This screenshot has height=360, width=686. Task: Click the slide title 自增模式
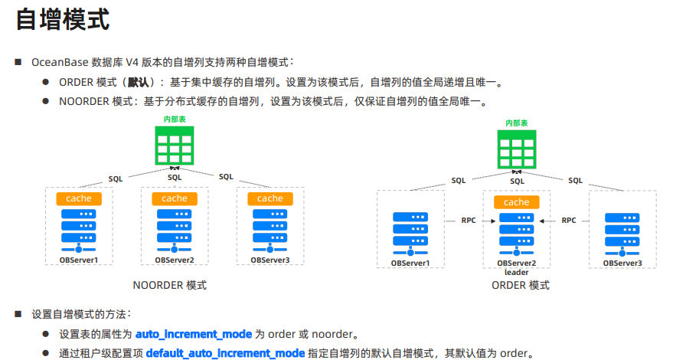pos(63,19)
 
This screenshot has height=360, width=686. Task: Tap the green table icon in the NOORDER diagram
pos(174,146)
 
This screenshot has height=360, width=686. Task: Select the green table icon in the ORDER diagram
pos(517,149)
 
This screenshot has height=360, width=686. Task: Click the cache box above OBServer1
pos(79,198)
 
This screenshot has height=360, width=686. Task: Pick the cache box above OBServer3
pos(269,198)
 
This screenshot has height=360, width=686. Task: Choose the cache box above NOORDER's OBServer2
pos(174,198)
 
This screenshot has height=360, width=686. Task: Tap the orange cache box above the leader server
pos(517,202)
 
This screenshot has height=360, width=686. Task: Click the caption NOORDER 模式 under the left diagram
pos(169,285)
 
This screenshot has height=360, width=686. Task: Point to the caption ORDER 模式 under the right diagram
pos(520,285)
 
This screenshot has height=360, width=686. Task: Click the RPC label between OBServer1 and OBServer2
pos(468,220)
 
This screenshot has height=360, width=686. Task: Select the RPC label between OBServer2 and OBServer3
pos(569,220)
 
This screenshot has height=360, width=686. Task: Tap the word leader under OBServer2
pos(517,272)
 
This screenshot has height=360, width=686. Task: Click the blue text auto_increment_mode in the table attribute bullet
pos(193,335)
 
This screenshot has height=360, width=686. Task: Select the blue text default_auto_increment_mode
pos(225,353)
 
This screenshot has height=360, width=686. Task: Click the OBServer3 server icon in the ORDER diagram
pos(622,232)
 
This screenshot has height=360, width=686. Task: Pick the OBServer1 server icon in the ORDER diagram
pos(410,232)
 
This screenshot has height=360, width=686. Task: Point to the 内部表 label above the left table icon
pos(174,119)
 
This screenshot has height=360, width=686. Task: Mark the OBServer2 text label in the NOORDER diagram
pos(174,260)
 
